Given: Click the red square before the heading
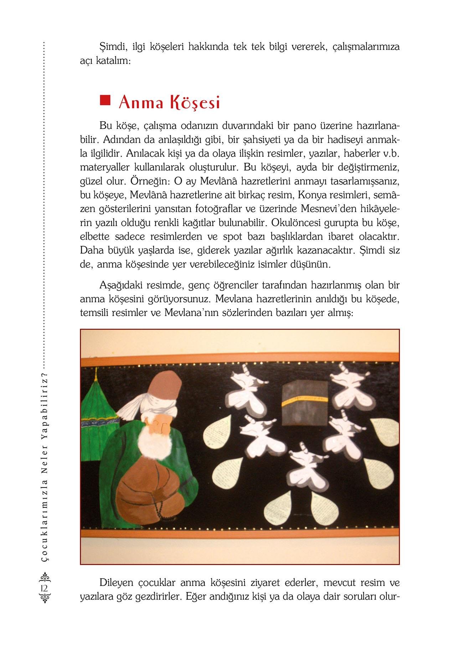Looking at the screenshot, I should pyautogui.click(x=104, y=100).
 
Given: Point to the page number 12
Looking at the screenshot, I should pyautogui.click(x=45, y=588).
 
